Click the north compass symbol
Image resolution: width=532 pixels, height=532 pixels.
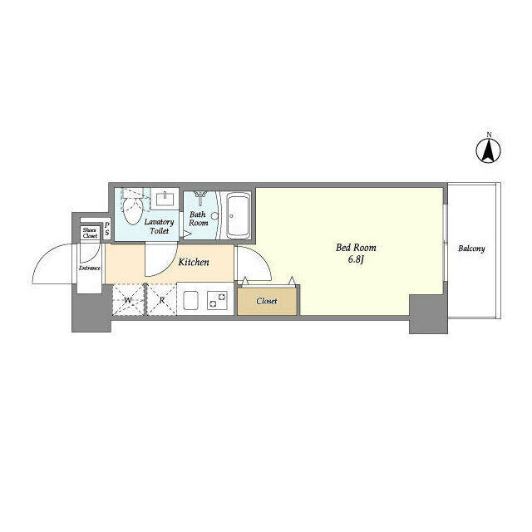[489, 151]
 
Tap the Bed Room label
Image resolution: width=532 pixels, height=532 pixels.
[356, 248]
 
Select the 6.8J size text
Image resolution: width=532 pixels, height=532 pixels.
[356, 260]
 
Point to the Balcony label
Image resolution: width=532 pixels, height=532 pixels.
[471, 249]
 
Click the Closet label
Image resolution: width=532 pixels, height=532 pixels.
[267, 301]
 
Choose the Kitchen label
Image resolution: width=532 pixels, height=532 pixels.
[194, 262]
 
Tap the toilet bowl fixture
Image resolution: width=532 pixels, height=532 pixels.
[133, 207]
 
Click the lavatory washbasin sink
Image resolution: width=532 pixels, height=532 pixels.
[165, 199]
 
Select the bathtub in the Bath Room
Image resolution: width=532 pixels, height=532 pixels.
[239, 216]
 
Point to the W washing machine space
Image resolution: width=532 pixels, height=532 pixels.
[129, 300]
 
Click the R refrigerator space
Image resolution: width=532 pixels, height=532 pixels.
[162, 300]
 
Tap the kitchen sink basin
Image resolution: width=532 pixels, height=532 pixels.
[190, 300]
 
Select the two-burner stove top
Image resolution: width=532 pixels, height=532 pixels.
[217, 300]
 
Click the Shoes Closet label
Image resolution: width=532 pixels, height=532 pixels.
[91, 233]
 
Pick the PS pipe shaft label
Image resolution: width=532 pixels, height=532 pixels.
[107, 229]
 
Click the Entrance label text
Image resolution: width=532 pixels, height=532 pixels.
[90, 268]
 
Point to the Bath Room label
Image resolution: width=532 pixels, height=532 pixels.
[199, 219]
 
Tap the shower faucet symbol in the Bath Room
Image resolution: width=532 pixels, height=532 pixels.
[200, 197]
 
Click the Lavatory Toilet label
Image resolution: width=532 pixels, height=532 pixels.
[159, 226]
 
